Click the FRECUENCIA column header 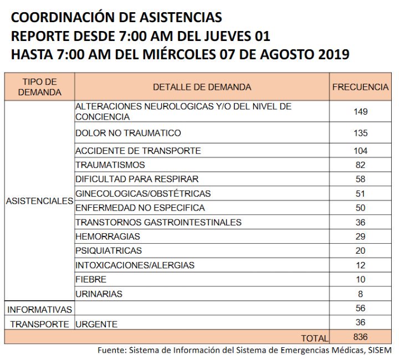(x=360, y=87)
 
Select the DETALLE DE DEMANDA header (x=202, y=87)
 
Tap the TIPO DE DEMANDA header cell (x=40, y=87)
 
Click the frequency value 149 (x=361, y=111)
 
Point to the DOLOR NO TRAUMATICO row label (x=128, y=133)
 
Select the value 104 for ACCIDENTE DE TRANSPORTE (x=361, y=151)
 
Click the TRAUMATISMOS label (x=110, y=164)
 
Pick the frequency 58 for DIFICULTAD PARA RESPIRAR (x=361, y=179)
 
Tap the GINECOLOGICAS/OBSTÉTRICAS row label (x=143, y=193)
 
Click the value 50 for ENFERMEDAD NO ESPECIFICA (x=361, y=208)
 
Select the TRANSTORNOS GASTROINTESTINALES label (x=158, y=222)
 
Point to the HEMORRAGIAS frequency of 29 (x=361, y=236)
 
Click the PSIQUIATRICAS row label (x=109, y=250)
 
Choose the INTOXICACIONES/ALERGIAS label (x=135, y=265)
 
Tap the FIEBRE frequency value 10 (x=361, y=279)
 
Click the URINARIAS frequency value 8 (x=360, y=294)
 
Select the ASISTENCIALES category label (x=40, y=201)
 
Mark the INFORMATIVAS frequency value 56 (x=361, y=308)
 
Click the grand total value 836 (x=361, y=337)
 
